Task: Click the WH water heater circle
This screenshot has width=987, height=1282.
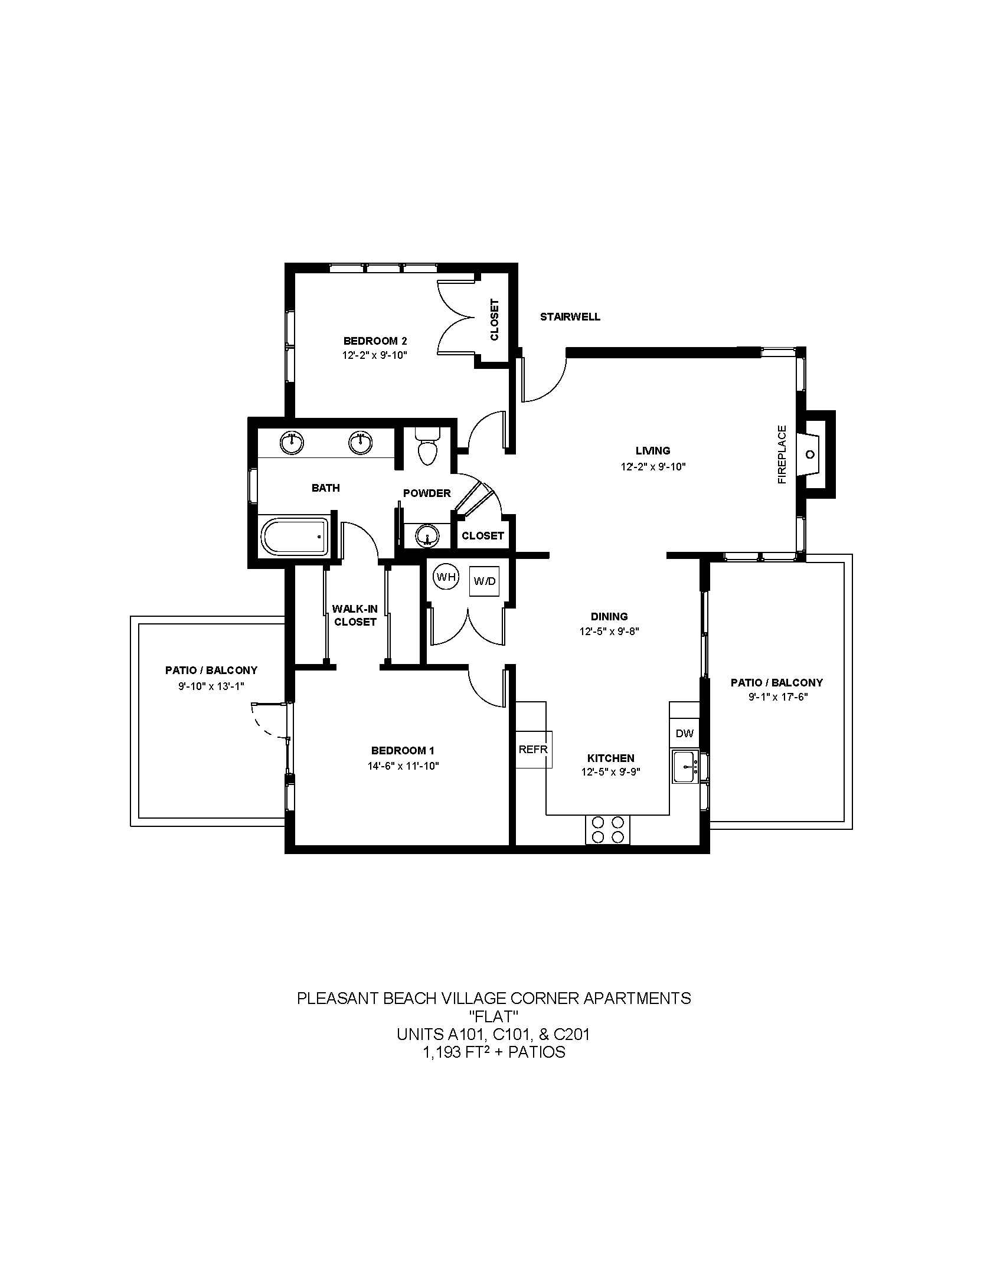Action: [x=446, y=577]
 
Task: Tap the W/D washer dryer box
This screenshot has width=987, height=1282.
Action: [x=484, y=581]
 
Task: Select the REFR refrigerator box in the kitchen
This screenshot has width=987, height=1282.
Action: [x=534, y=749]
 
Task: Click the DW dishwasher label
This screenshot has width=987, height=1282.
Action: [x=684, y=734]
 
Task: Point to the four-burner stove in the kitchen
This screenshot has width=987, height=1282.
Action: [x=607, y=829]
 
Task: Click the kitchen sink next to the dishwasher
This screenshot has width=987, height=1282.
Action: [x=685, y=767]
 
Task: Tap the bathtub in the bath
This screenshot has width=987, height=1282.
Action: [x=295, y=536]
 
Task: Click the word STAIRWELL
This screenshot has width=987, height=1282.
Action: [x=570, y=317]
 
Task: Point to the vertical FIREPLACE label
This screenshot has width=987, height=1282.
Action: [x=782, y=454]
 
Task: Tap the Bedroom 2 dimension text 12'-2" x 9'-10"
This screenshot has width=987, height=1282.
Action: [x=375, y=355]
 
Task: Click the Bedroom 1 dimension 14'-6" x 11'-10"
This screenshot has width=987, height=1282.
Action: [x=403, y=766]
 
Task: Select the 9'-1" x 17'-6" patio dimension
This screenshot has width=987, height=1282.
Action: [x=777, y=697]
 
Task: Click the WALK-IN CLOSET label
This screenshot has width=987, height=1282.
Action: [x=354, y=615]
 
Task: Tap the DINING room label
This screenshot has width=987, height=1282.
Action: [x=609, y=617]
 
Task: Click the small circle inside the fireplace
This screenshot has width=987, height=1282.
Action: [x=810, y=454]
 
